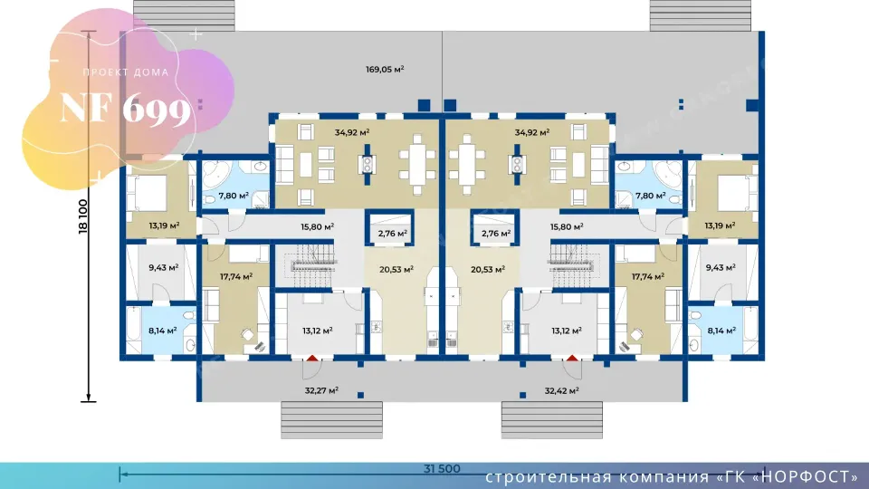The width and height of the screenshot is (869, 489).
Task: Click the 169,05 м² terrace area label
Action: pyautogui.click(x=385, y=70)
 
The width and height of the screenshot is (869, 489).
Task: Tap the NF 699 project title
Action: pyautogui.click(x=126, y=108)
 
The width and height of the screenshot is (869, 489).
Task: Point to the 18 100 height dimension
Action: pyautogui.click(x=83, y=216)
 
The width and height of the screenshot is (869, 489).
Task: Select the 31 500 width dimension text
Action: pyautogui.click(x=442, y=468)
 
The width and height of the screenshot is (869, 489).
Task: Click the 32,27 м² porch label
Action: pyautogui.click(x=321, y=390)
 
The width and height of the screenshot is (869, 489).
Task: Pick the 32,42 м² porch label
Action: pyautogui.click(x=561, y=390)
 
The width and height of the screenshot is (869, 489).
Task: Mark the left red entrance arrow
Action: pyautogui.click(x=312, y=359)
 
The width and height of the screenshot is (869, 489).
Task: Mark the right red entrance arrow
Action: pyautogui.click(x=572, y=359)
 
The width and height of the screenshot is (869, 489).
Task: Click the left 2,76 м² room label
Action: pyautogui.click(x=392, y=234)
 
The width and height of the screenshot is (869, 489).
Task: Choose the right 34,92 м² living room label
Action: pyautogui.click(x=532, y=132)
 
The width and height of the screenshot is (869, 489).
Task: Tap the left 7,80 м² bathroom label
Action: pyautogui.click(x=234, y=196)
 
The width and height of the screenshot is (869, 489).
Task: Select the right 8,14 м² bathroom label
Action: pyautogui.click(x=721, y=331)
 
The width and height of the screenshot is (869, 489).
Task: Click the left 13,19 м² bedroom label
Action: pyautogui.click(x=164, y=225)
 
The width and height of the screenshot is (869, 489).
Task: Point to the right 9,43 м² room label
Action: pyautogui.click(x=721, y=267)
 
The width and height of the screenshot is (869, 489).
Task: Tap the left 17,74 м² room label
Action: pyautogui.click(x=236, y=276)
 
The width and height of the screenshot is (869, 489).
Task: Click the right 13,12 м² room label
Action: pyautogui.click(x=567, y=331)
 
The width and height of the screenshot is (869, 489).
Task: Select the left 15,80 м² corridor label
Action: pyautogui.click(x=317, y=226)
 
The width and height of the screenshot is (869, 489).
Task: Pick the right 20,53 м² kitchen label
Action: pyautogui.click(x=488, y=270)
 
